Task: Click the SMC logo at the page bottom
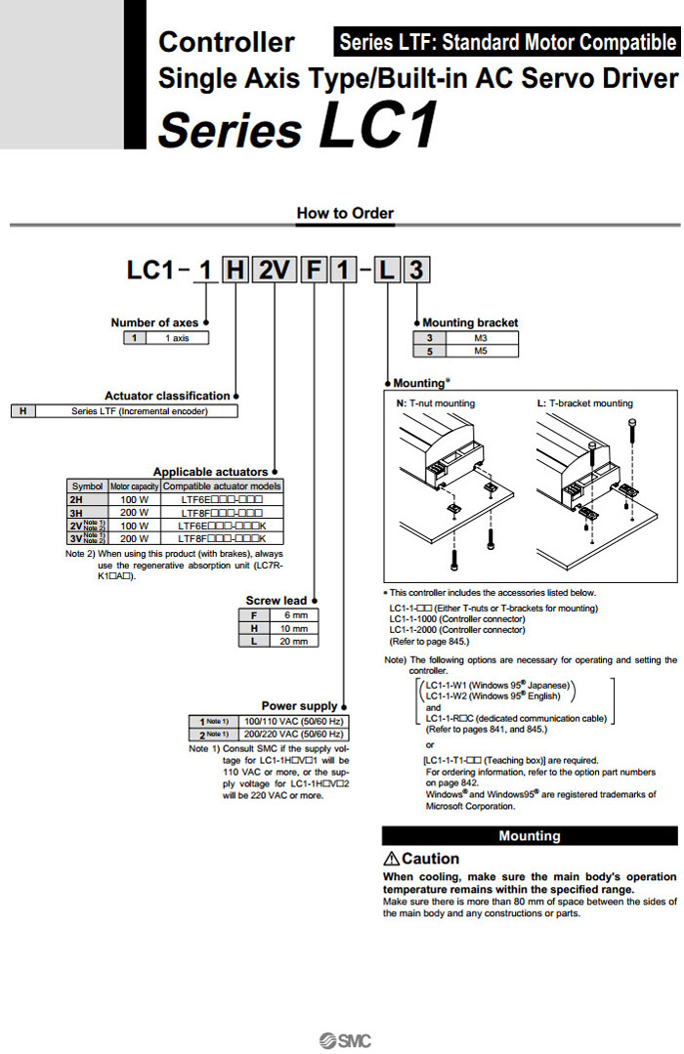click(345, 1040)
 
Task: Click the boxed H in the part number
click(235, 271)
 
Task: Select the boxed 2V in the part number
click(275, 271)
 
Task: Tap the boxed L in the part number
click(387, 271)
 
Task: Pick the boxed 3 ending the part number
click(416, 271)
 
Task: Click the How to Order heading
click(345, 213)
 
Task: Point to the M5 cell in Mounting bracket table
click(480, 350)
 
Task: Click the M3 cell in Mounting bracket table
click(480, 338)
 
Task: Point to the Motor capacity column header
click(134, 485)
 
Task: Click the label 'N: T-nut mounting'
click(435, 402)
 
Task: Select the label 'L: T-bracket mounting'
click(584, 402)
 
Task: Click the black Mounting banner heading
click(529, 836)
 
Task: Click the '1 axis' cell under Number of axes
click(177, 338)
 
